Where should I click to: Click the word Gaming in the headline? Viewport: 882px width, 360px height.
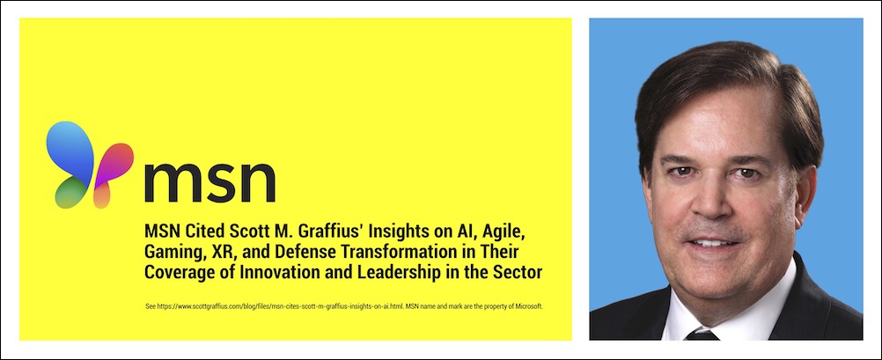tap(172, 253)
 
